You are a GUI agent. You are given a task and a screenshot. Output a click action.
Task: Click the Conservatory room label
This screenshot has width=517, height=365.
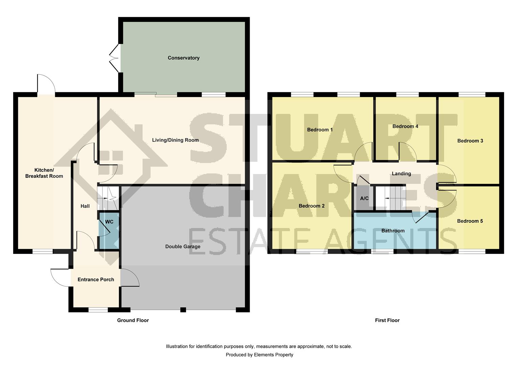click(x=183, y=58)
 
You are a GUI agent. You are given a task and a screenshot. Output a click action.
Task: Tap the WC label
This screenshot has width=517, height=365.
click(x=109, y=222)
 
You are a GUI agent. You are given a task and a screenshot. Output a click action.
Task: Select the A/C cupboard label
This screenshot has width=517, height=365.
click(x=364, y=198)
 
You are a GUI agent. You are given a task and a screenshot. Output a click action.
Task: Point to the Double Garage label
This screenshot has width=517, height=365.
click(x=183, y=246)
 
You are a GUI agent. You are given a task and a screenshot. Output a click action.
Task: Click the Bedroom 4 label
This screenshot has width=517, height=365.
click(x=405, y=126)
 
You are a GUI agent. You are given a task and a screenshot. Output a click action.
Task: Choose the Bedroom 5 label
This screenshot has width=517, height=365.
click(x=470, y=221)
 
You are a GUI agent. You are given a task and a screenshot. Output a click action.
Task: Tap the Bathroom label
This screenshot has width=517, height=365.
click(x=393, y=231)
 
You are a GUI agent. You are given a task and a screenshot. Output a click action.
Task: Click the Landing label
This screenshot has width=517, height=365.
click(x=401, y=174)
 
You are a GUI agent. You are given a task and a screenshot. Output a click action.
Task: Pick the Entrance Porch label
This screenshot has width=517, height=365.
click(x=96, y=279)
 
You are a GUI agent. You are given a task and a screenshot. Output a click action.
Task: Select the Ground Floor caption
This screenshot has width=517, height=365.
click(x=133, y=320)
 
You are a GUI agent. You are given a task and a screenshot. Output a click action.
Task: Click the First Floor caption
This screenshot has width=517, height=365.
click(x=387, y=320)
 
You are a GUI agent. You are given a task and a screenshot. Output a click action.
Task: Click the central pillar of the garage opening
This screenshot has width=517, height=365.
click(x=183, y=309)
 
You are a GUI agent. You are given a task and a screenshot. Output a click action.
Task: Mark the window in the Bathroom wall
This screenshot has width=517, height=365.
click(x=382, y=251)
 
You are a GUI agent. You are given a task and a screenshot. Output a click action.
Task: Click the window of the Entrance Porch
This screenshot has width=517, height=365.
click(x=98, y=309)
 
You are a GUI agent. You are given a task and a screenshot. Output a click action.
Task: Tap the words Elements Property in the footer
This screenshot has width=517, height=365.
click(x=274, y=355)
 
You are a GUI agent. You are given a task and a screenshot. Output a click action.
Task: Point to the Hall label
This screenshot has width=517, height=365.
click(x=85, y=206)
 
